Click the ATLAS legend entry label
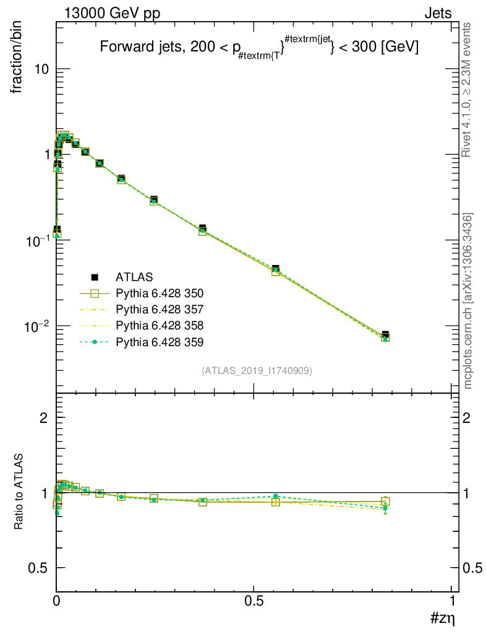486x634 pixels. coord(134,277)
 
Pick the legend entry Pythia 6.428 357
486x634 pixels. coord(160,309)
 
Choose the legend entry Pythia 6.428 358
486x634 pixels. coord(160,325)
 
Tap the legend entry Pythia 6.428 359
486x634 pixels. coord(160,341)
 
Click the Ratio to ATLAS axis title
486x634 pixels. coord(20,492)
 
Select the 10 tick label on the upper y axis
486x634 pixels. coord(41,69)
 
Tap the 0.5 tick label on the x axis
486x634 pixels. coord(254,601)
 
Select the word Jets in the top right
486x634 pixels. coord(437,14)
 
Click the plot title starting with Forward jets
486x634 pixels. coord(260,47)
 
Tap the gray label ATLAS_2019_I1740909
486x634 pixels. coord(257,371)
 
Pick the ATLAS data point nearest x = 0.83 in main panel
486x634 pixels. coord(385,335)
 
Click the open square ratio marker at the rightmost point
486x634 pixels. coord(385,502)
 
